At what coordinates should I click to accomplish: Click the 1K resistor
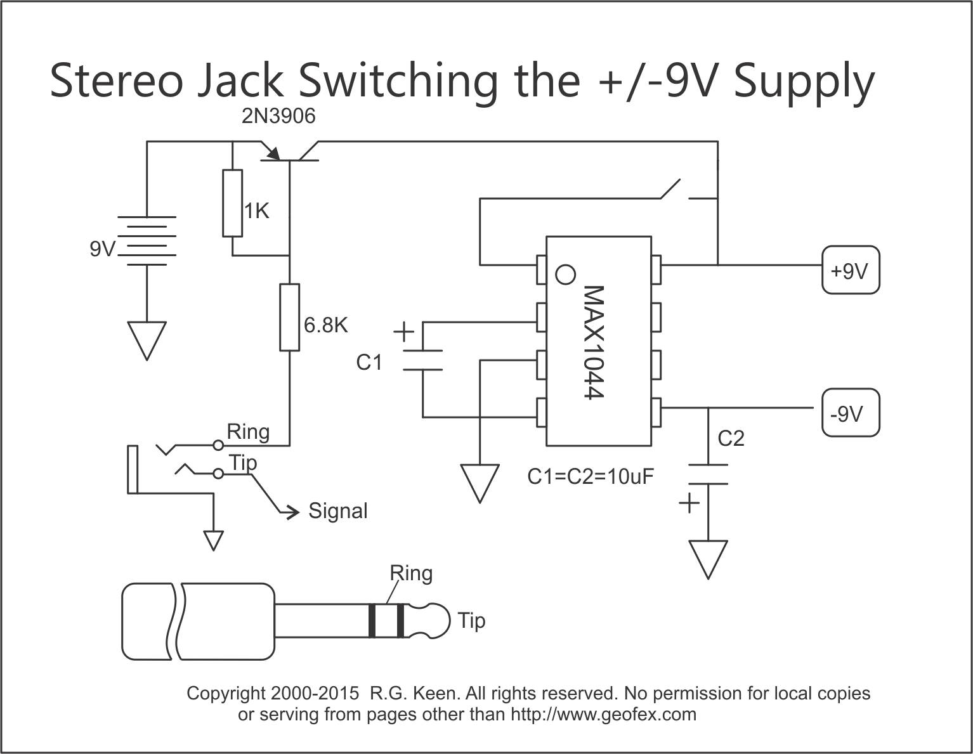tap(233, 203)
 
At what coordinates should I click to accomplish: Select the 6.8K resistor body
tap(290, 317)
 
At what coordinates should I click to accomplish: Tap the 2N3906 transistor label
tap(278, 117)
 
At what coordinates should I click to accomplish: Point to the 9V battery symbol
tap(147, 241)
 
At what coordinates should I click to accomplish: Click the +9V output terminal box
tap(851, 271)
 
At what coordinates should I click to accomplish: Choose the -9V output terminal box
tap(851, 413)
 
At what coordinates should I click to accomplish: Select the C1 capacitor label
tap(369, 362)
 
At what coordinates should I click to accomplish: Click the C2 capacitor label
tap(731, 438)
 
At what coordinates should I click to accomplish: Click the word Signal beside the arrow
tap(337, 510)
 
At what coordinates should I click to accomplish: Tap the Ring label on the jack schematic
tap(248, 432)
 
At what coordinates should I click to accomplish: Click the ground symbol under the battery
tap(147, 339)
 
